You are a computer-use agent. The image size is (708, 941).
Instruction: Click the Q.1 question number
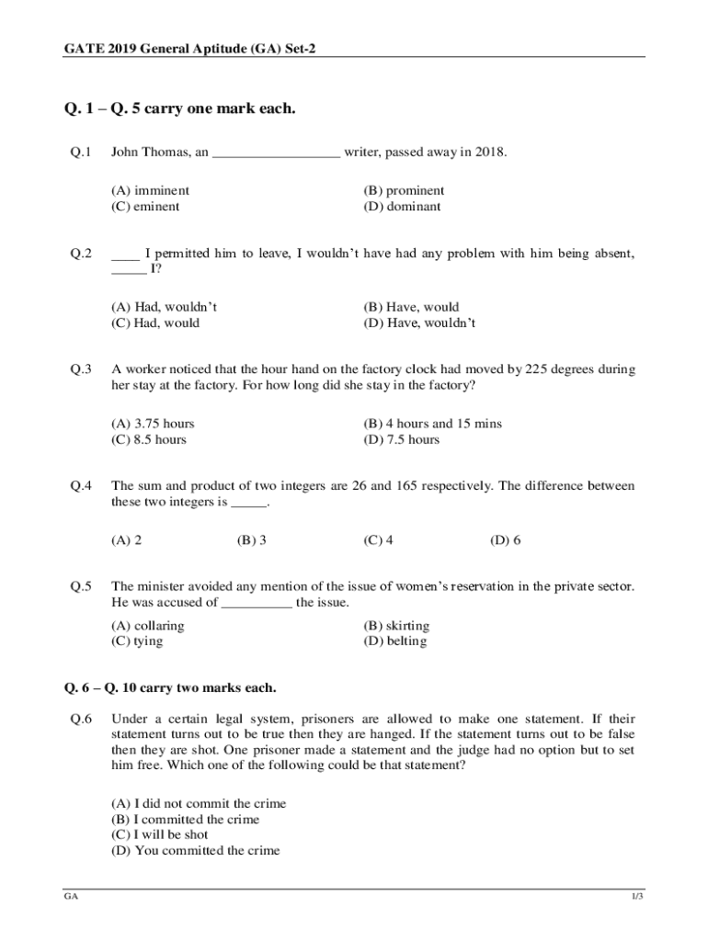[81, 152]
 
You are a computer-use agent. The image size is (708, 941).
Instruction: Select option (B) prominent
[404, 190]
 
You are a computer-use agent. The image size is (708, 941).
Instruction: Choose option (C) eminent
[145, 206]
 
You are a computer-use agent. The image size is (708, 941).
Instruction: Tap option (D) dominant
[402, 206]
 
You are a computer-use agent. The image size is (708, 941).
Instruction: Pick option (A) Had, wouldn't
[164, 307]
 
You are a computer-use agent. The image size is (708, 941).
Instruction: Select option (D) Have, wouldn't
[419, 323]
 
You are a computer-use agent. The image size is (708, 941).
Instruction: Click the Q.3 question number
[81, 369]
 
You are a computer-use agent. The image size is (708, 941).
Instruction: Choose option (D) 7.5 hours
[401, 439]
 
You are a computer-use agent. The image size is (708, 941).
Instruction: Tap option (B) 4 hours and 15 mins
[432, 424]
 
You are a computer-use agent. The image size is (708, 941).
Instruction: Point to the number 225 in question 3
[536, 369]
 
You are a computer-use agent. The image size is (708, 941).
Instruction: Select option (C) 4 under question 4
[379, 540]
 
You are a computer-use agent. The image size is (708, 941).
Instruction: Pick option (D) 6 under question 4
[506, 540]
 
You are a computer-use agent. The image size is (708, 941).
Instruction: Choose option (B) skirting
[396, 626]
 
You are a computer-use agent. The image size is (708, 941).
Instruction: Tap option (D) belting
[395, 641]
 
